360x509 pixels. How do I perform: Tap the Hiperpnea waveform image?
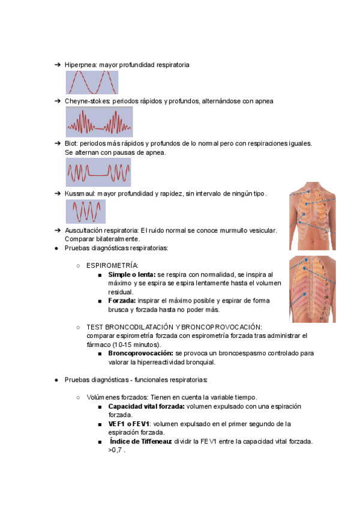92,82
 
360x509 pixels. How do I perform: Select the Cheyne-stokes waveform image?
99,122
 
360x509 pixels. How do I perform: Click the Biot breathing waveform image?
98,172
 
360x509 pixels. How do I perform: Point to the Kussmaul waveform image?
85,212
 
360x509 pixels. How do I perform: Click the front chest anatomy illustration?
312,215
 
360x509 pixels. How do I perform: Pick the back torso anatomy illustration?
312,289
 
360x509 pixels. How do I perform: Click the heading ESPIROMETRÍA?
112,265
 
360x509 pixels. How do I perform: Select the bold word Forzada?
122,300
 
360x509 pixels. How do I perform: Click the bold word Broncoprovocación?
141,354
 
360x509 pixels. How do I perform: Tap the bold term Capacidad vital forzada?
146,406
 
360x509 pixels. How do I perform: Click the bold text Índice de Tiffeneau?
141,441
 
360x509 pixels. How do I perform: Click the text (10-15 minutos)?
135,345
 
